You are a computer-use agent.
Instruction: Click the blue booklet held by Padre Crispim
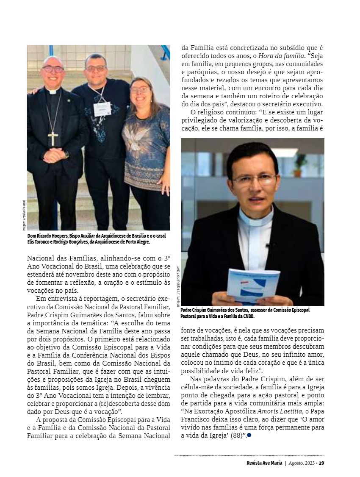pos(253,284)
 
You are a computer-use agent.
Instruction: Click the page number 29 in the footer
pos(321,463)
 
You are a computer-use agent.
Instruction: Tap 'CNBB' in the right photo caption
pos(248,316)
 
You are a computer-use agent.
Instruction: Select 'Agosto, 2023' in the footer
pos(302,463)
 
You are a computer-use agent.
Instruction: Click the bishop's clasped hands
pos(54,155)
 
